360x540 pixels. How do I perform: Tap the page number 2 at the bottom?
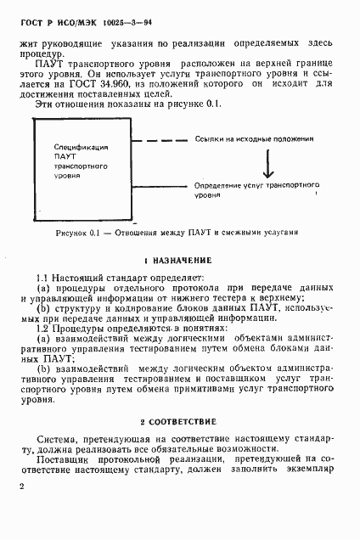coord(22,486)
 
